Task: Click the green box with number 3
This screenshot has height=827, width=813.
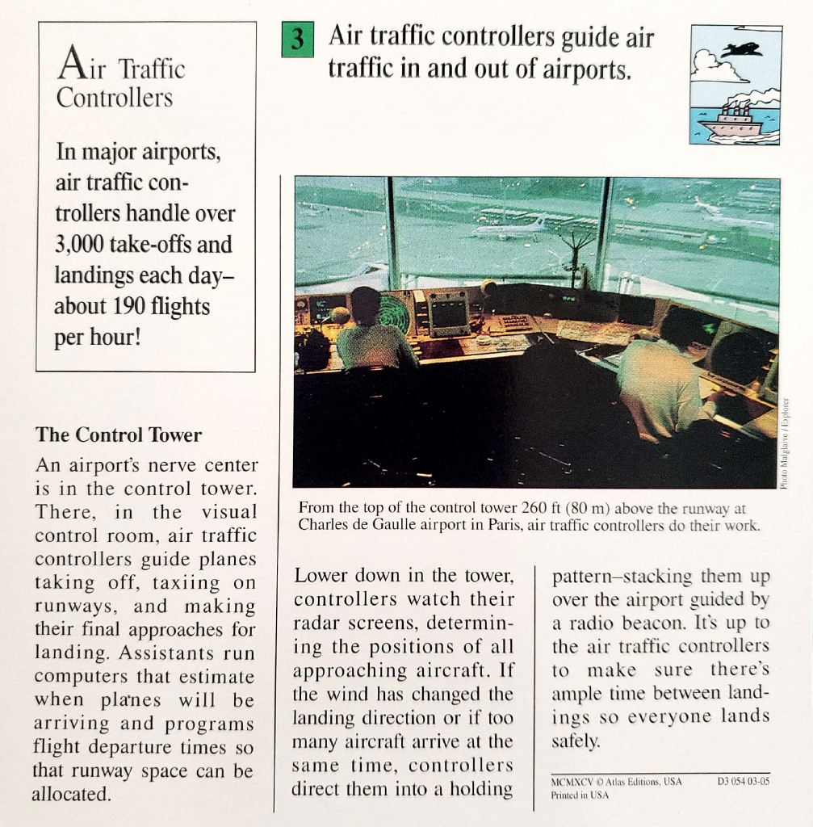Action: point(296,41)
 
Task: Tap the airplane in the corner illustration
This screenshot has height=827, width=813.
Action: point(743,50)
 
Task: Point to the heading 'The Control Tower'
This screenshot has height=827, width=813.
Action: point(119,434)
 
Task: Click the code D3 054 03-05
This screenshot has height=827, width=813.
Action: point(743,781)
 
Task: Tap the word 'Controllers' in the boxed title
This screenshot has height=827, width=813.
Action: point(115,99)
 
